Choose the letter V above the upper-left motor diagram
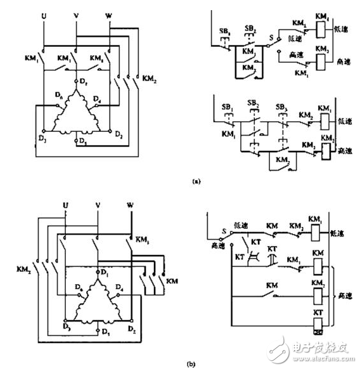click(76, 14)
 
